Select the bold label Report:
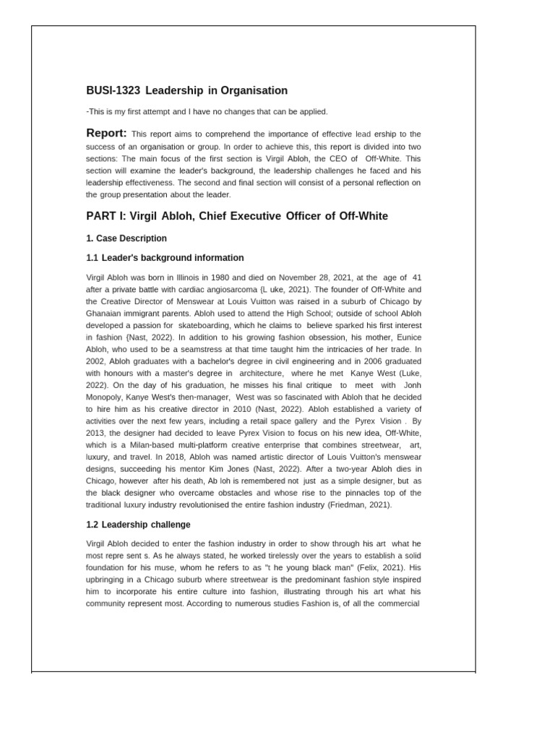coord(106,133)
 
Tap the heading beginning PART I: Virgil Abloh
coord(237,216)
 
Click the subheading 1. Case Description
coord(126,238)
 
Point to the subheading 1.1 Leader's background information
coord(165,258)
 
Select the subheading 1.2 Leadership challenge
coord(138,525)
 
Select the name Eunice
coord(405,336)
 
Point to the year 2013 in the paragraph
coord(98,433)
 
